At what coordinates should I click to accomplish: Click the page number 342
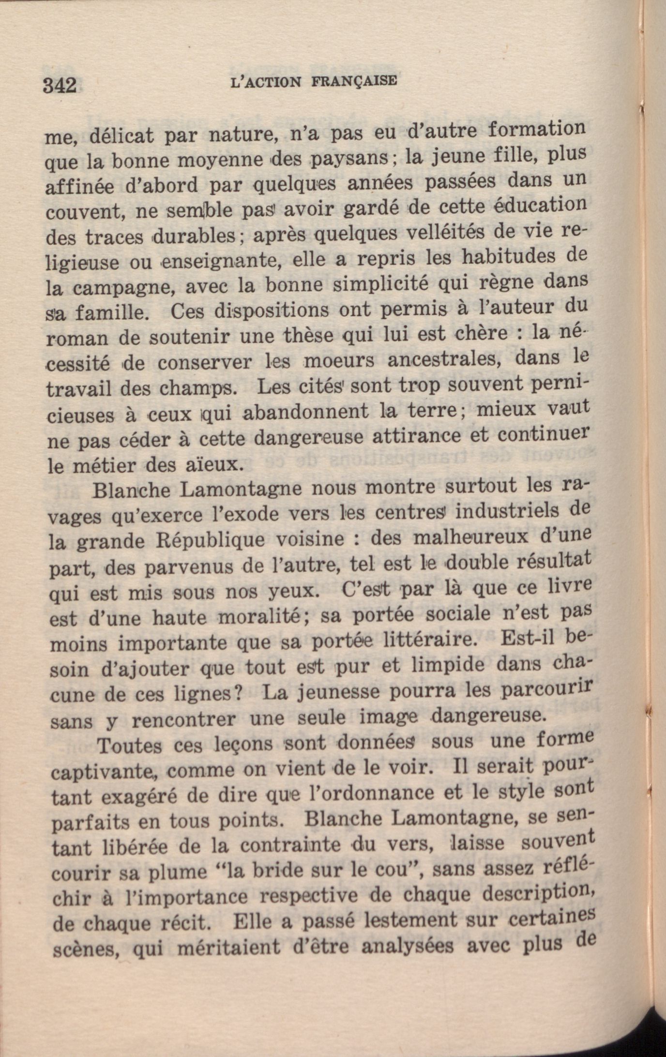coord(60,86)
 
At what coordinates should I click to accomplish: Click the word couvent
coord(82,212)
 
